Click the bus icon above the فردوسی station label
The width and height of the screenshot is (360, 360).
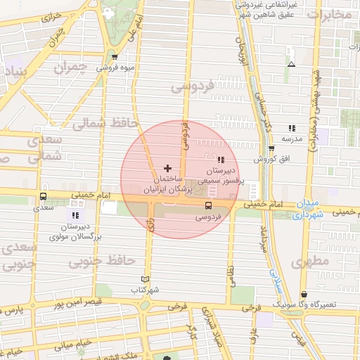pos(208,205)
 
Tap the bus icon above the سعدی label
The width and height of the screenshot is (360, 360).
pos(44,197)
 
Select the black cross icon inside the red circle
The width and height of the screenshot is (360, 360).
pos(167,168)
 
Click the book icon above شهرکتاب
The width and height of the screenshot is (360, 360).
pos(146,279)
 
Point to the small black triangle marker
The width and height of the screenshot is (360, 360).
pos(291,64)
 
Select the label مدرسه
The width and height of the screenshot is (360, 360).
pos(291,139)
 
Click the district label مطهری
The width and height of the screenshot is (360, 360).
pos(312,261)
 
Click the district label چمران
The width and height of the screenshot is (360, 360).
pos(73,68)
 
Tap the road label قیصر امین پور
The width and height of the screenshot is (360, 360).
pos(75,304)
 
